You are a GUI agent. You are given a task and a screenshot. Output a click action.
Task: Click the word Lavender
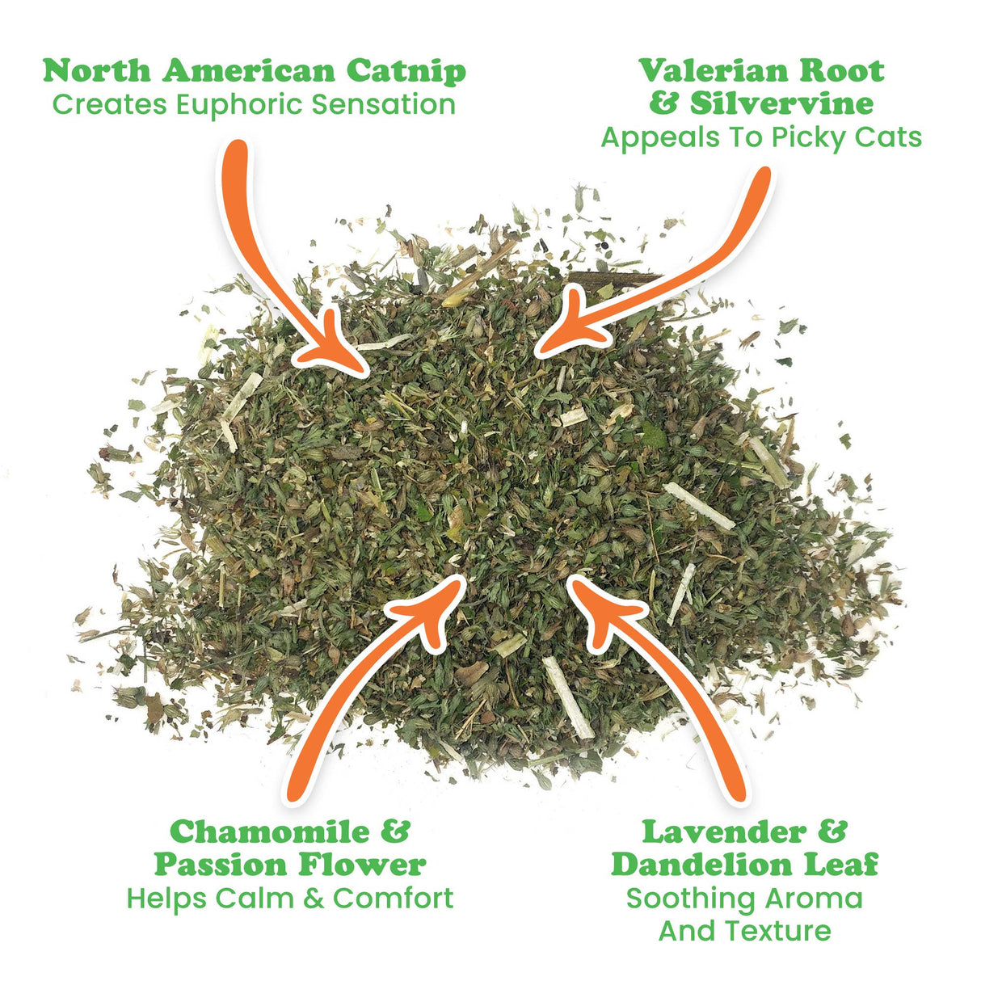(x=724, y=832)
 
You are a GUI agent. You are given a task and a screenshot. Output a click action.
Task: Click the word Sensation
(x=383, y=105)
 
